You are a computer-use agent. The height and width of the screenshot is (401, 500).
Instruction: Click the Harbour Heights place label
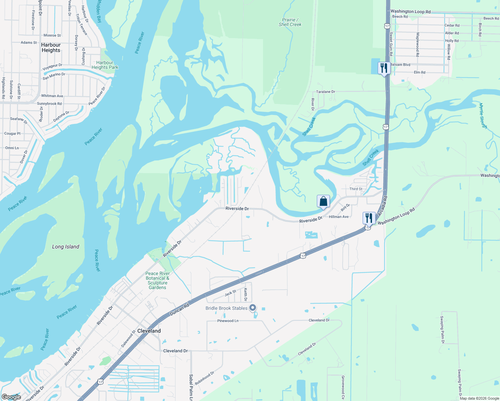(x=51, y=47)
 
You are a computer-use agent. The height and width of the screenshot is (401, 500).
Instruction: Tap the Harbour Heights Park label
(x=105, y=65)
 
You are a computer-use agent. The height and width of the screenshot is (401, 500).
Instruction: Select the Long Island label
(x=66, y=247)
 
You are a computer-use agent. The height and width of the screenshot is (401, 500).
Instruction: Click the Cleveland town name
(x=149, y=331)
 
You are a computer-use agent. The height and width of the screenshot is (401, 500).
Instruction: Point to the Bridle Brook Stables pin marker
(x=253, y=308)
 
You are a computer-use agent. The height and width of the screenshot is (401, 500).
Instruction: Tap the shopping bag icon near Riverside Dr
(x=323, y=202)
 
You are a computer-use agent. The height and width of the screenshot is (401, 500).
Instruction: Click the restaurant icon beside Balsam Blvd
(x=384, y=68)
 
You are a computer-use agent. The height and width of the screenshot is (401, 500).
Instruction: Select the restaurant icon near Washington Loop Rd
(x=369, y=218)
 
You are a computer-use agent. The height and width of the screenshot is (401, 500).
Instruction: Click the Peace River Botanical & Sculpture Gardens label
(x=157, y=280)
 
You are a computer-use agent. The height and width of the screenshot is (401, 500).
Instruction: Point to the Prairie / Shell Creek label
(x=290, y=22)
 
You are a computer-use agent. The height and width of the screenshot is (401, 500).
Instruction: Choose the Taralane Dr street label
(x=326, y=92)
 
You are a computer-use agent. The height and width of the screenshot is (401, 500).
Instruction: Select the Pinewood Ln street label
(x=228, y=321)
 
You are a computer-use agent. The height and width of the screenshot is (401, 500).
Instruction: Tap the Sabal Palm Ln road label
(x=191, y=387)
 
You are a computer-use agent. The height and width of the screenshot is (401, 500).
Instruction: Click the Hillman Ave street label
(x=339, y=217)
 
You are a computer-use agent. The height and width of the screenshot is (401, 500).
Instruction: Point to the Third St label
(x=356, y=189)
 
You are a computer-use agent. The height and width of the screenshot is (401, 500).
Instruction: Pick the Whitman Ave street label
(x=52, y=96)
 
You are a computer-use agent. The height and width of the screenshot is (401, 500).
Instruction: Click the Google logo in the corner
(x=11, y=397)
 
